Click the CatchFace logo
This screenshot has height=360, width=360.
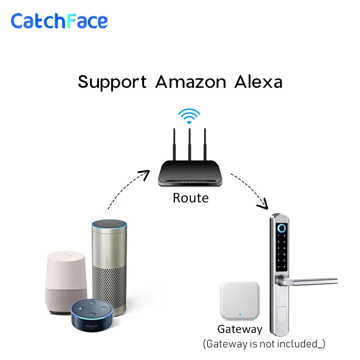point(59,21)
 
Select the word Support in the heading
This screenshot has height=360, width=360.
point(112,82)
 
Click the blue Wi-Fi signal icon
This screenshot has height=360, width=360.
point(189,116)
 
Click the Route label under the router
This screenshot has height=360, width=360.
point(190,198)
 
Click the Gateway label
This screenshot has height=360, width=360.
point(239,329)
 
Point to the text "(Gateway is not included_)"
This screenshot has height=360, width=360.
point(264,344)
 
